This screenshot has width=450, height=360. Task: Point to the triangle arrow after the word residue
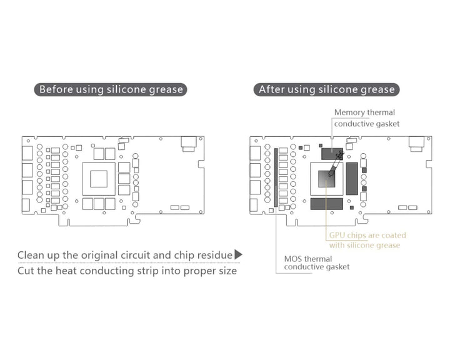(x=237, y=254)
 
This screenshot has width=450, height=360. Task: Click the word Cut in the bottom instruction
(x=27, y=272)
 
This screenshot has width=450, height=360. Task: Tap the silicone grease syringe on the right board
(x=334, y=164)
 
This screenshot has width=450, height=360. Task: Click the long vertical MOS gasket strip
(x=275, y=176)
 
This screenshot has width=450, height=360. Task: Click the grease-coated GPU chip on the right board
(x=327, y=179)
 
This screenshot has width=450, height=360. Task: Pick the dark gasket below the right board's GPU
(x=326, y=204)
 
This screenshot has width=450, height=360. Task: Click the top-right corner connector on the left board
(x=188, y=144)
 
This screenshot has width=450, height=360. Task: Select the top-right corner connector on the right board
(x=416, y=144)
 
